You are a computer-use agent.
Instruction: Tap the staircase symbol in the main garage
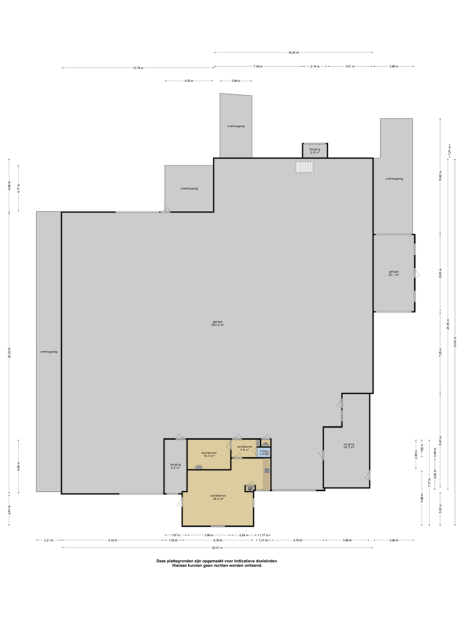click(304, 167)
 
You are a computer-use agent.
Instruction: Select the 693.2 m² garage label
click(218, 323)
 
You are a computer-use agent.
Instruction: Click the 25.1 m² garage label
click(394, 273)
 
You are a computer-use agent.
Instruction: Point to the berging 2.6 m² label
click(315, 151)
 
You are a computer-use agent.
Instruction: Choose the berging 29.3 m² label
click(349, 445)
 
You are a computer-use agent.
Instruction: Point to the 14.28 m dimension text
click(293, 52)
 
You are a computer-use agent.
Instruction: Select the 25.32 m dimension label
click(9, 353)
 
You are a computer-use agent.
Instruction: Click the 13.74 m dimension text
click(138, 68)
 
